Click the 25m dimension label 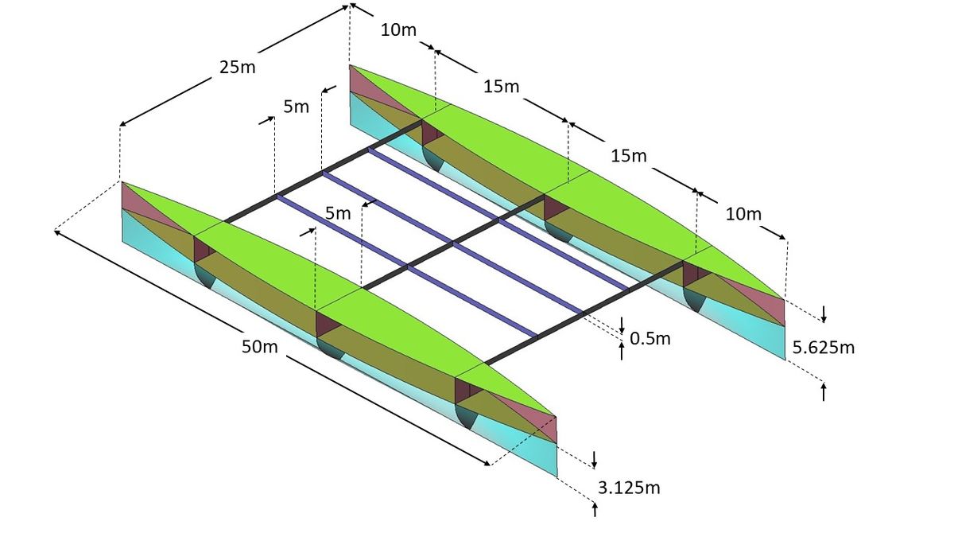pos(238,66)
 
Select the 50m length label pos(260,347)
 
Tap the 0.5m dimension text pos(650,338)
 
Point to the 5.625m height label pos(824,347)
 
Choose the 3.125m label pos(628,487)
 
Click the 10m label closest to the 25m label pos(398,31)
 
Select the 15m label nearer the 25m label pos(501,85)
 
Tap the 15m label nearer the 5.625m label pos(629,156)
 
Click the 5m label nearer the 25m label pos(295,107)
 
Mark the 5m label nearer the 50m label pos(337,212)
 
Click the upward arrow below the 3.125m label pos(595,508)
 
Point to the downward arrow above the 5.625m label pos(824,313)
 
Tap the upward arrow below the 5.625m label pos(824,391)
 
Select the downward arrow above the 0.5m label pos(622,324)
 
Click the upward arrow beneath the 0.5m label pos(622,351)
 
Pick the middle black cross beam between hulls pos(453,242)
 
